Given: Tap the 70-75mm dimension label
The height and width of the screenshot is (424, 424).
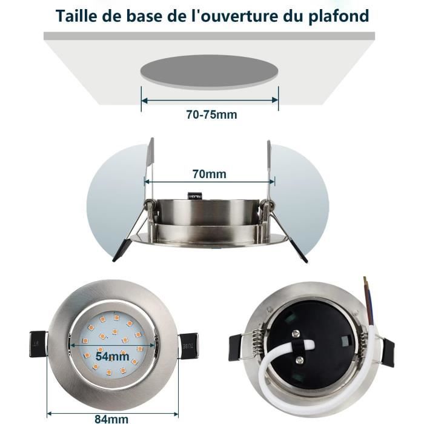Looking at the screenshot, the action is coord(211,114).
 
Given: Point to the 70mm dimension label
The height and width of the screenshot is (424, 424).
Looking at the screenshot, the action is coord(210,174).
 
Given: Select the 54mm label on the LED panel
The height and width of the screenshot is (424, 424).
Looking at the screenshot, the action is coord(112,356).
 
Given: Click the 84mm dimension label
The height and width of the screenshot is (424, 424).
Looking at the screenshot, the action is coord(111,419).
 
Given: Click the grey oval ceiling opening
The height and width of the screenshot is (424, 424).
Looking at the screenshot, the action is coord(210,71).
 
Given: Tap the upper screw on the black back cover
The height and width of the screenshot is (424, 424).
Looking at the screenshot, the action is coord(296,334).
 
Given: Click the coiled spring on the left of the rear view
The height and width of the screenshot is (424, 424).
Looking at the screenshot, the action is coord(257,344).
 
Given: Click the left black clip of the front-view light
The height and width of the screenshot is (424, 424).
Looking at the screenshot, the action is coord(38,343).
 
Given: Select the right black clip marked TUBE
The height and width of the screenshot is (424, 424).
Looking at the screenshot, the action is coord(189,346).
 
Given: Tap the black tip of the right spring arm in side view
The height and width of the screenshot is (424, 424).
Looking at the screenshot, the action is coord(301,253).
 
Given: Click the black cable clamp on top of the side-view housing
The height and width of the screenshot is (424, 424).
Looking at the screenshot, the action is coord(195,195).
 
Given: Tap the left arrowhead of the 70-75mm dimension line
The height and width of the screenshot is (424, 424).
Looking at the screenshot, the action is coord(145,101).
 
